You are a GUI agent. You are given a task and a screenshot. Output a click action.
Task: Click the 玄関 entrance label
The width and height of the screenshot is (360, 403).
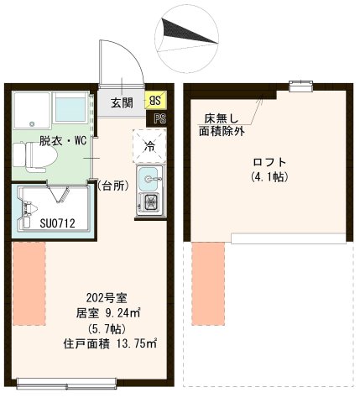122,103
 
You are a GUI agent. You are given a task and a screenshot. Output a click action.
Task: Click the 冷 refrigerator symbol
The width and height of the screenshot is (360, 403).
149,145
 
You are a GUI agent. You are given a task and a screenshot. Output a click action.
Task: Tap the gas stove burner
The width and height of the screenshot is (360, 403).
152,201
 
